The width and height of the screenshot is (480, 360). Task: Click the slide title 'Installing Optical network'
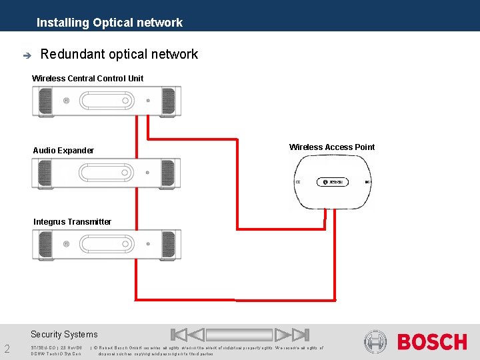pyautogui.click(x=109, y=23)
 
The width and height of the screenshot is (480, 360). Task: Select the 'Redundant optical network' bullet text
pyautogui.click(x=119, y=55)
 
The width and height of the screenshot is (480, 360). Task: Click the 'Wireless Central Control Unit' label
pyautogui.click(x=87, y=79)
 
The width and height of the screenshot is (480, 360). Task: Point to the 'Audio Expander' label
pyautogui.click(x=63, y=151)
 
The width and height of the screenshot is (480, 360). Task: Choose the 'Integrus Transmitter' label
pyautogui.click(x=72, y=222)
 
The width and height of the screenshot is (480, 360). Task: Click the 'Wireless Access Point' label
pyautogui.click(x=332, y=147)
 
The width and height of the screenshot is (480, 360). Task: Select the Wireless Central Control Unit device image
pyautogui.click(x=107, y=101)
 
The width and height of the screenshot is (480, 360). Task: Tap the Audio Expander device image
pyautogui.click(x=107, y=173)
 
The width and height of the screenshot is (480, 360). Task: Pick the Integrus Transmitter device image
pyautogui.click(x=107, y=245)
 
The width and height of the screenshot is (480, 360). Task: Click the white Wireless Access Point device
pyautogui.click(x=332, y=181)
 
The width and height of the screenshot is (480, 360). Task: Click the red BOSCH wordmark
pyautogui.click(x=432, y=343)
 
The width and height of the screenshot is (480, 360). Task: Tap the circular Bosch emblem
pyautogui.click(x=375, y=342)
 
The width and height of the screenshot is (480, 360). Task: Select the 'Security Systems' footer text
pyautogui.click(x=64, y=335)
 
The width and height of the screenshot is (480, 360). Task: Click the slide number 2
pyautogui.click(x=7, y=349)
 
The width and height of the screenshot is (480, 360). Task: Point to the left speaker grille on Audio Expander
pyautogui.click(x=45, y=173)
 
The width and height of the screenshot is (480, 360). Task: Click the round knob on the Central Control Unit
pyautogui.click(x=66, y=101)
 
